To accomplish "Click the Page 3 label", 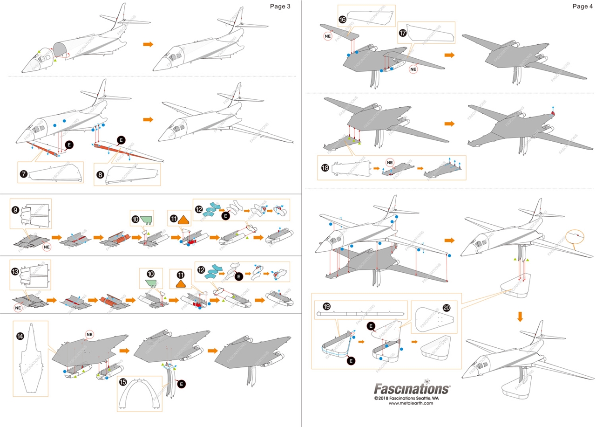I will click(279, 6).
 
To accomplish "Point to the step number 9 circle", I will click(16, 210).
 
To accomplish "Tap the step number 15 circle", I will click(123, 383).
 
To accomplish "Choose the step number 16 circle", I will click(342, 19).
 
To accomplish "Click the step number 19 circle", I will click(326, 306).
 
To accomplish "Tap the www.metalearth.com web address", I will click(411, 404).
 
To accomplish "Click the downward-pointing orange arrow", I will click(520, 317).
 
